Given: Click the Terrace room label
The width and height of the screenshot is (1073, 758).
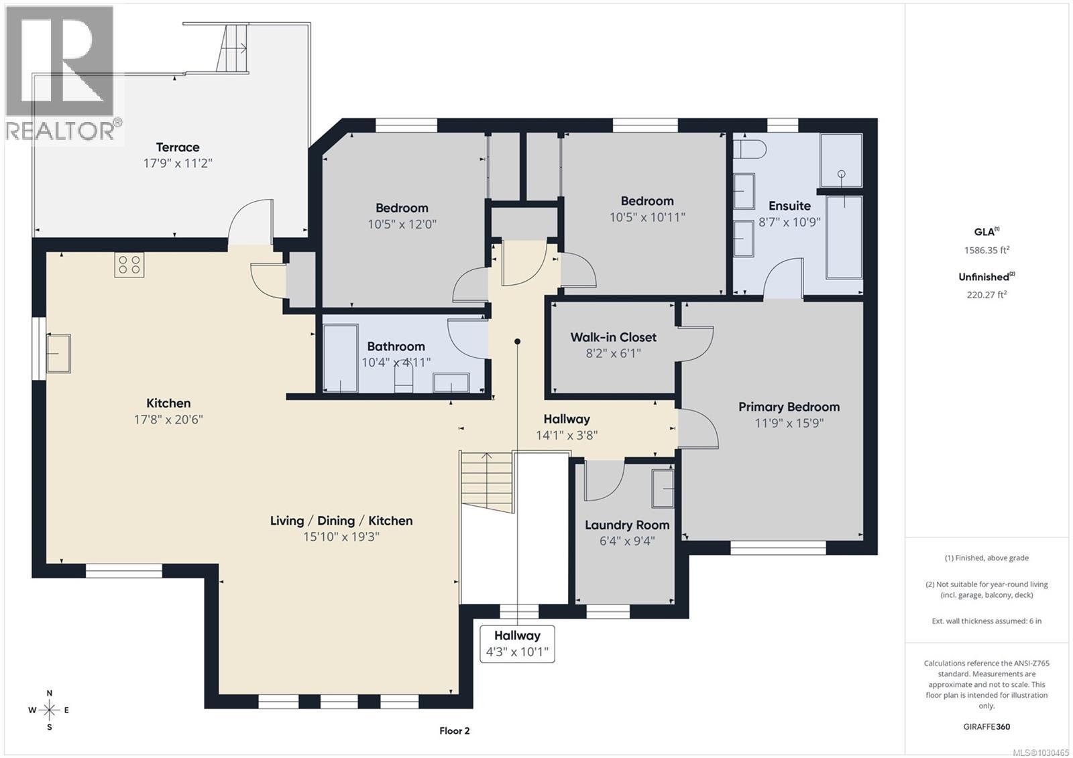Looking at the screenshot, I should (178, 147).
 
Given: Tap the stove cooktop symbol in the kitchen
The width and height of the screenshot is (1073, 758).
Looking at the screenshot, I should (129, 264).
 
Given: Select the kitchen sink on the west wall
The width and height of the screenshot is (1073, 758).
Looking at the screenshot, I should (58, 353).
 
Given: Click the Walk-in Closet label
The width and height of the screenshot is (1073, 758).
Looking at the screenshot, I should (613, 337).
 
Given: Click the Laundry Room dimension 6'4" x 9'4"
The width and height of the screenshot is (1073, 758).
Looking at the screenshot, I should (627, 541).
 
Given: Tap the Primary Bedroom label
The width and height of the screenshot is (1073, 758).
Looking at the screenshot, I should (789, 407).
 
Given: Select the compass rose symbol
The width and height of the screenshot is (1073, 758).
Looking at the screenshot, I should (50, 710).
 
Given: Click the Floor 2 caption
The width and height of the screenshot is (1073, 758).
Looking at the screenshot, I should (455, 731).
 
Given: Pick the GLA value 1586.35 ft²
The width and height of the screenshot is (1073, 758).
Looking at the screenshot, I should (986, 250).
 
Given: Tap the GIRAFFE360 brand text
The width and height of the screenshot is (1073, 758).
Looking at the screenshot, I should (986, 727).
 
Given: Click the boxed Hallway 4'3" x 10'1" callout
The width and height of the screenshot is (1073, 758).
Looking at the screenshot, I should (517, 643).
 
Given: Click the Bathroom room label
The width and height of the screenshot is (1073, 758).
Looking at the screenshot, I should (396, 346).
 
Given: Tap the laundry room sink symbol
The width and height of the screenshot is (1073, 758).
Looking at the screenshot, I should (663, 488).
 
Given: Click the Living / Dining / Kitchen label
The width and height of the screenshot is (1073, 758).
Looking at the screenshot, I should (341, 521).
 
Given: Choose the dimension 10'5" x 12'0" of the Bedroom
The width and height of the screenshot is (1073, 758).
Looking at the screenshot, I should (402, 225).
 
